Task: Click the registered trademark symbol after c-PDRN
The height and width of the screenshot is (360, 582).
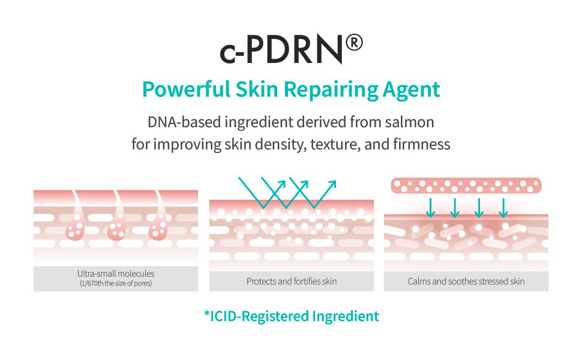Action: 354,44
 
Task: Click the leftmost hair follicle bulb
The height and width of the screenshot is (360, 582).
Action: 74,230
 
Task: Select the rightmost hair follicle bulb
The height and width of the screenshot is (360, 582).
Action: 158,230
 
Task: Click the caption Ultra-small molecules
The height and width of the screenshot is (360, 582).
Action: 115,274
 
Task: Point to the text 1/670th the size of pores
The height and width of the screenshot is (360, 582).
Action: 115,283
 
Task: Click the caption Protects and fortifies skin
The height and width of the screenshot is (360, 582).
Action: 292,281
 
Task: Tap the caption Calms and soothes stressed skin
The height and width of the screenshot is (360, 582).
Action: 466,281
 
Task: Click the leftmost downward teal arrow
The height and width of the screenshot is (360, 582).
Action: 430,207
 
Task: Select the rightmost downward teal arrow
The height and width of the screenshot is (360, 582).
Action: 503,207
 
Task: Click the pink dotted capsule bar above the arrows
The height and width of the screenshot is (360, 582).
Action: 466,185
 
